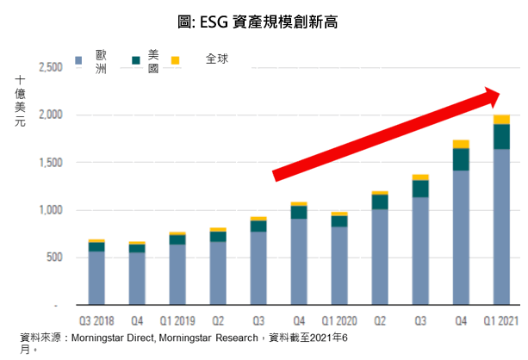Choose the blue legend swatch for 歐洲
point(80,60)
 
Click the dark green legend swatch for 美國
point(135,60)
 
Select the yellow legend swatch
point(175,60)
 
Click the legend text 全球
point(217,59)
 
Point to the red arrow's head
point(500,96)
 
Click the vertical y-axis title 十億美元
point(20,102)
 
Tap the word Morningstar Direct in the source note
point(112,335)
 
